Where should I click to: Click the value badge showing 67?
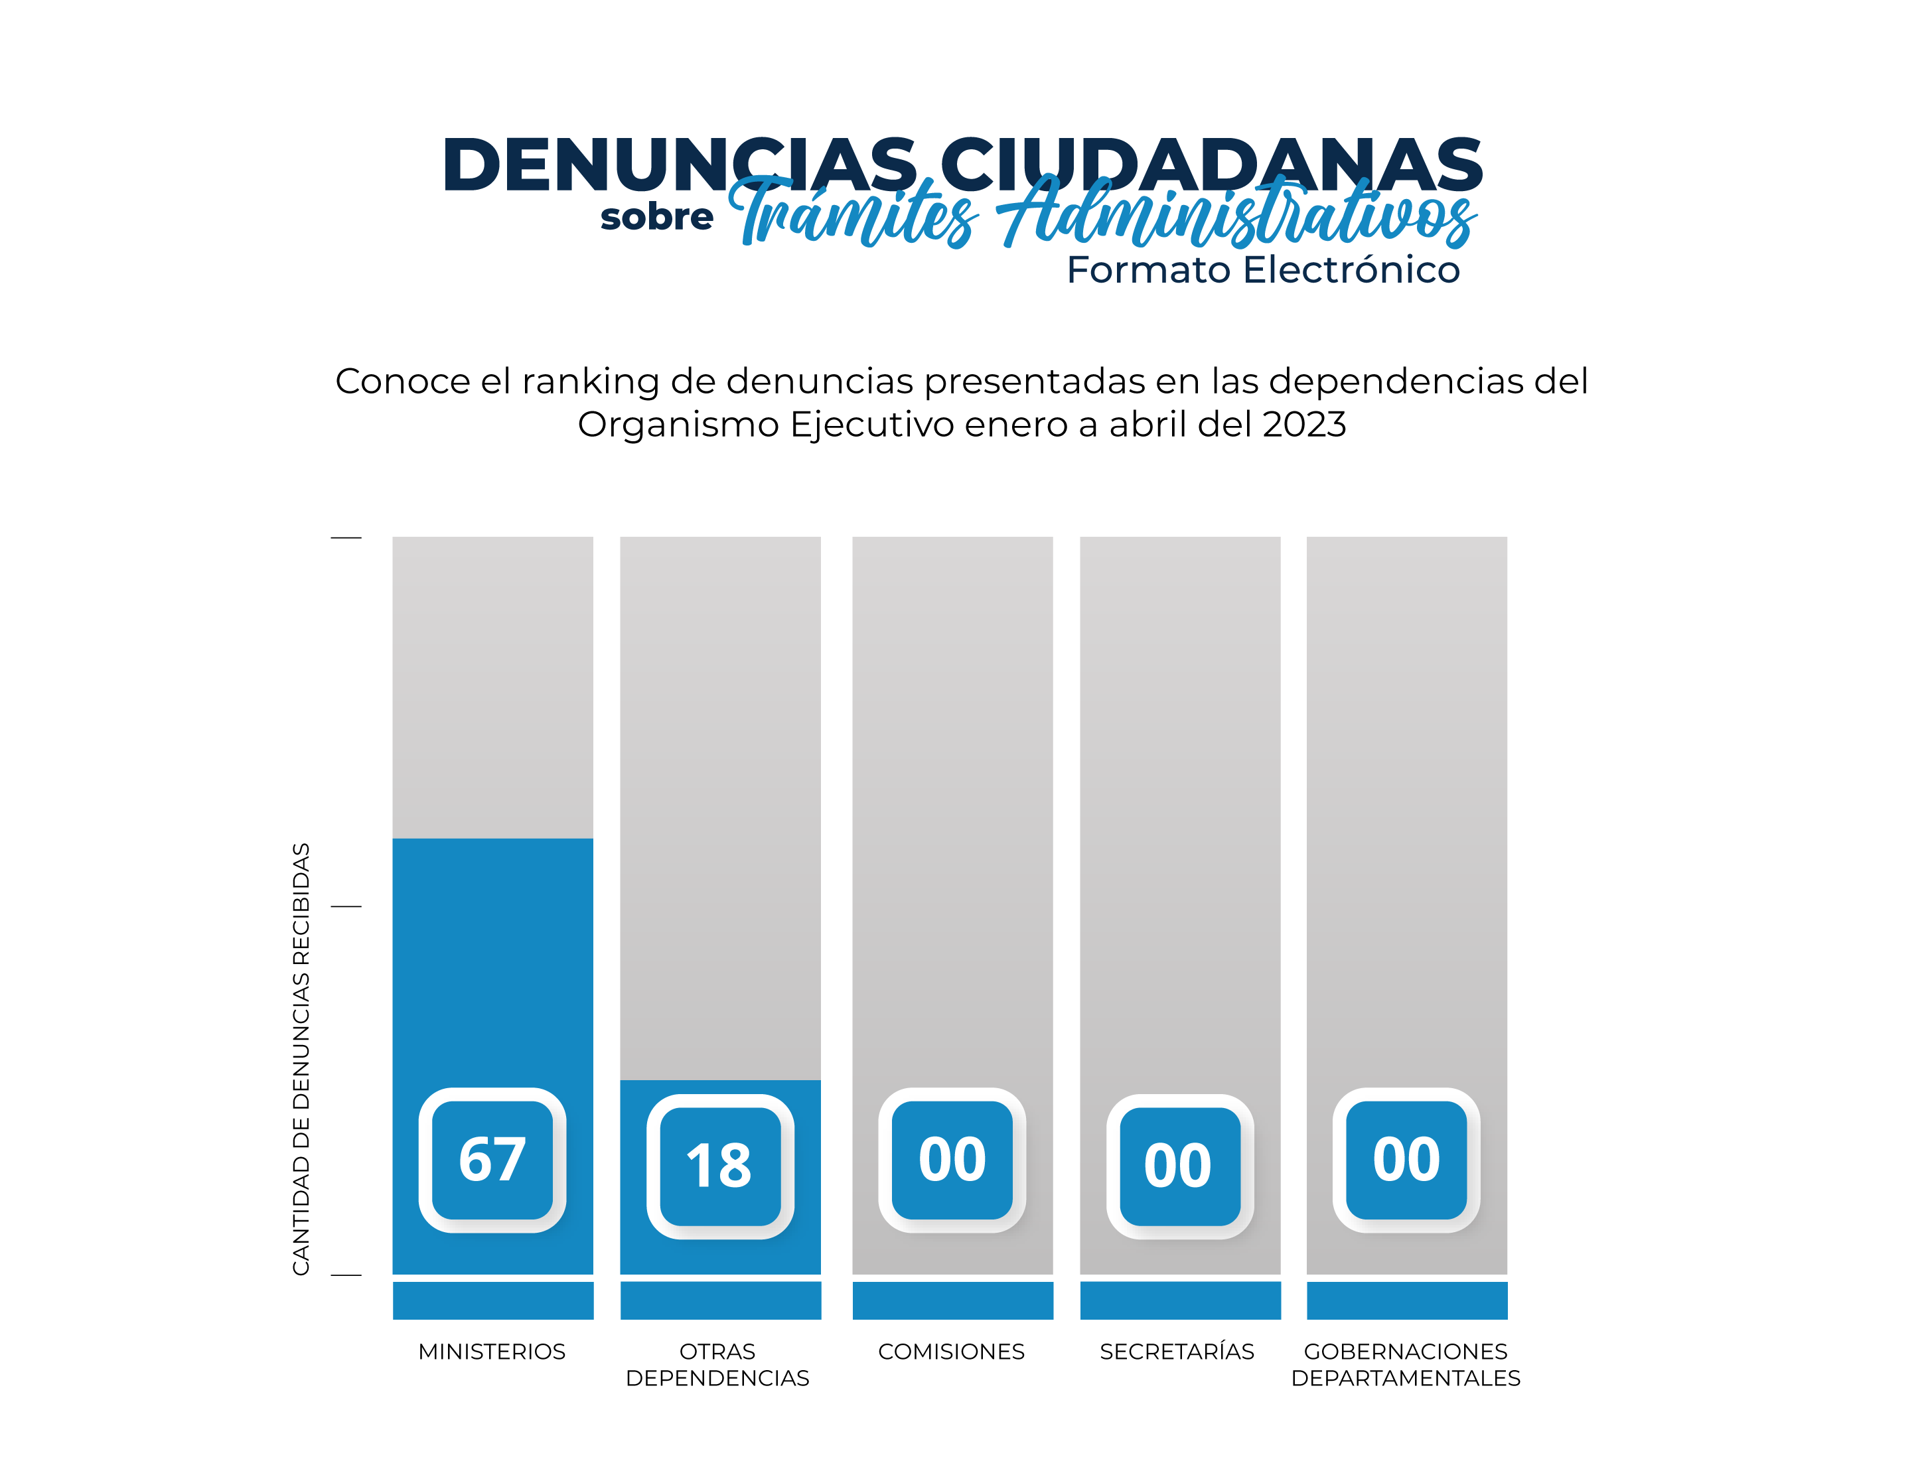[x=492, y=1160]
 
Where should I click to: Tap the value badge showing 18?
[x=719, y=1166]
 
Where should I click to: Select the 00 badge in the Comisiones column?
[x=952, y=1160]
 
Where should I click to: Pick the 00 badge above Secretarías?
[x=1179, y=1166]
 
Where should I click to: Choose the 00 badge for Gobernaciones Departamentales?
[x=1406, y=1160]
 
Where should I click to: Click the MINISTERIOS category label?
[x=492, y=1352]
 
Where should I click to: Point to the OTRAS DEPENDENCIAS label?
[x=718, y=1365]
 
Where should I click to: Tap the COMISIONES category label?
[x=951, y=1352]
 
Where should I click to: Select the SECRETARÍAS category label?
[x=1177, y=1352]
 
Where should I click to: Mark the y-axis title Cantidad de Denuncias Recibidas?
[x=301, y=1058]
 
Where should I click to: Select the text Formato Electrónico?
[x=1263, y=270]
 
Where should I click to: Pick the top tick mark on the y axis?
[x=346, y=538]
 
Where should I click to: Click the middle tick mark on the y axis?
[x=346, y=906]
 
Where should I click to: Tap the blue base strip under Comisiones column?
[x=953, y=1300]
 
